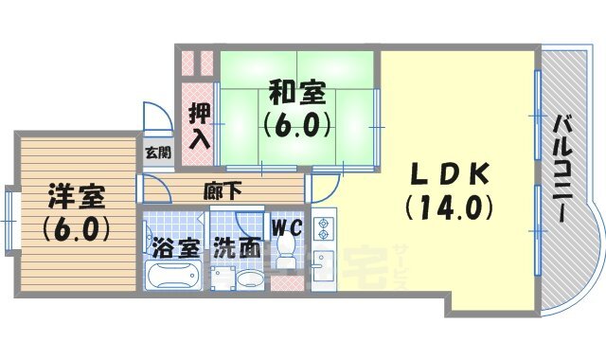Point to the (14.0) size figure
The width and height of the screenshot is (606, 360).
[x=451, y=206]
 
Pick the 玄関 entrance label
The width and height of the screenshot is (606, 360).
[x=158, y=152]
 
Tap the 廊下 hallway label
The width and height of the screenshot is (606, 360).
[x=223, y=189]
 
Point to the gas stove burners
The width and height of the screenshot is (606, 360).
[x=324, y=227]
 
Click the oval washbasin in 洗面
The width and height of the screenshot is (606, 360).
[x=249, y=280]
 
